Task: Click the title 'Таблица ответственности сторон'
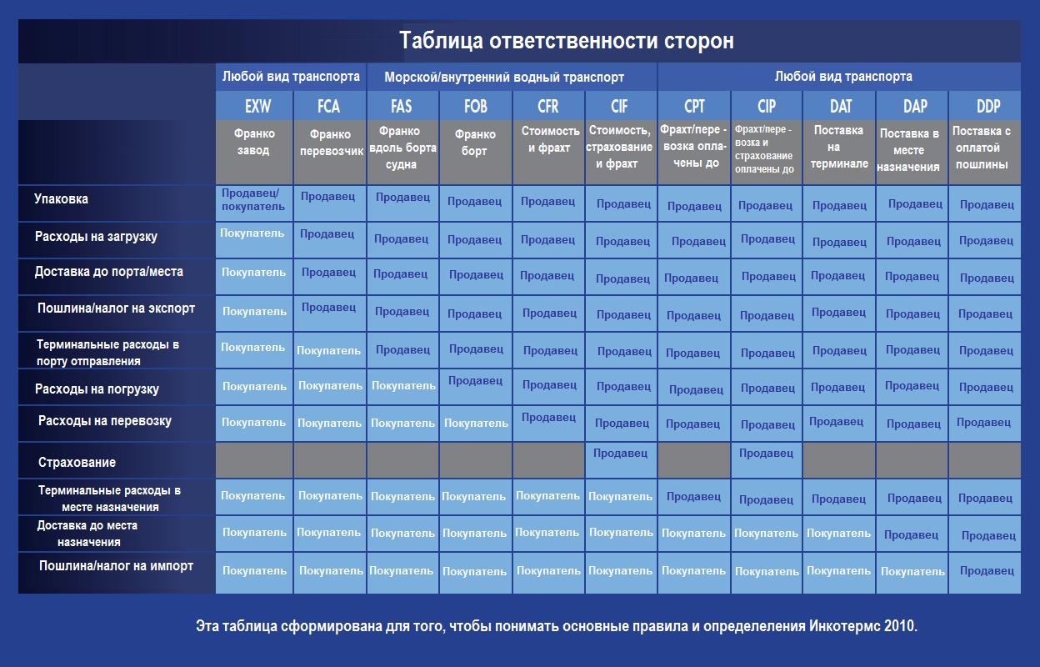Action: [567, 40]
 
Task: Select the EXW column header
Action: [257, 107]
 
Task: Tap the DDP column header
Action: [988, 107]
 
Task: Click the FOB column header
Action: [476, 107]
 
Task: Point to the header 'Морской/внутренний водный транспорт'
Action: [504, 77]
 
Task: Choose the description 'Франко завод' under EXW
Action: [254, 142]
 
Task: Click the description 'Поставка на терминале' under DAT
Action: [839, 147]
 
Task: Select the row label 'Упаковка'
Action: [61, 198]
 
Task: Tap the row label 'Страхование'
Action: [77, 462]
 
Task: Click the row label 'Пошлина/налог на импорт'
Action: [116, 566]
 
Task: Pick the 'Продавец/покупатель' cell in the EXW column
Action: [252, 200]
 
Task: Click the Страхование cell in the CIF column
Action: [620, 453]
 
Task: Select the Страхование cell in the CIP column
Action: [766, 453]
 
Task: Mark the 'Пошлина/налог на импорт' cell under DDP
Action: [987, 570]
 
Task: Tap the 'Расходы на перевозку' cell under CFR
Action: [548, 417]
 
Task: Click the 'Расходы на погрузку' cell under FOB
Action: [475, 380]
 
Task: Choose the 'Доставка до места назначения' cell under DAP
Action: [911, 534]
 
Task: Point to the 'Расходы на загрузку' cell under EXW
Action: [252, 233]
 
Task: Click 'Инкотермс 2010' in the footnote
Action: [863, 626]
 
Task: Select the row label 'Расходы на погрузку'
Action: [97, 389]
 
